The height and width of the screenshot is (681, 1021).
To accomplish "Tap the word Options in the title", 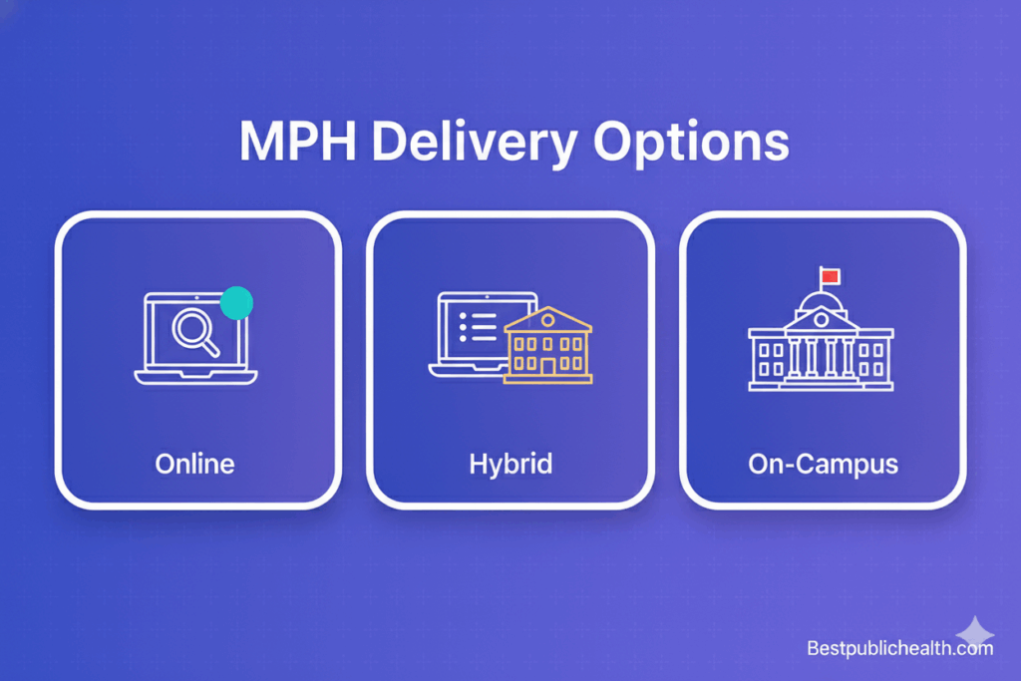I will coord(692,144).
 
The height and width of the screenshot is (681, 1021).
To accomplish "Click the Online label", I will coord(195,464).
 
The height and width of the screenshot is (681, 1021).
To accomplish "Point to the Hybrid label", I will coord(510,464).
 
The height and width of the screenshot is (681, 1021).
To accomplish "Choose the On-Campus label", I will coord(824,464).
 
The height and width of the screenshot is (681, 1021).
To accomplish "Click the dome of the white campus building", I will coord(821,298).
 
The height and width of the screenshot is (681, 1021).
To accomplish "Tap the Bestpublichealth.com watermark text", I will coord(899,649).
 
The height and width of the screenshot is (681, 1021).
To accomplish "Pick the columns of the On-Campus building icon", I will coord(821,356).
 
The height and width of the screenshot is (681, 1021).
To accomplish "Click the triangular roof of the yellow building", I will coord(547,318).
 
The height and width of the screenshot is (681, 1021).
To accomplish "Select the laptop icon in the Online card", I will coord(195,337).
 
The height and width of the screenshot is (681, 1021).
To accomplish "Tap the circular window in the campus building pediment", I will coord(821,320).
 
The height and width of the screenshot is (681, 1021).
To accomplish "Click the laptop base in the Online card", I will coord(195,377).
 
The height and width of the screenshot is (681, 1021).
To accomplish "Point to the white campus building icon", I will coord(821,339).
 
